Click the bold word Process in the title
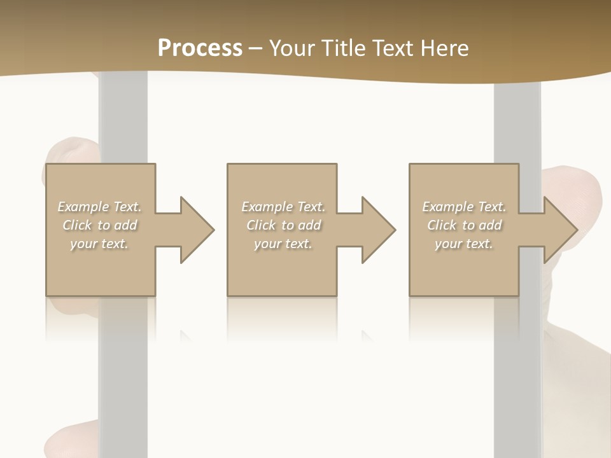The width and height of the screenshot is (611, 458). [x=200, y=48]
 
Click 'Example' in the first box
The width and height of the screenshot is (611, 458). [x=83, y=207]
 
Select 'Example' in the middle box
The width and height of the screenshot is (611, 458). [x=267, y=207]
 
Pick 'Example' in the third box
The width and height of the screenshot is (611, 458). [x=448, y=207]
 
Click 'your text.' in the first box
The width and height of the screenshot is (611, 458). [x=100, y=244]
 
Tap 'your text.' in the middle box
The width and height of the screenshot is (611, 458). [x=283, y=244]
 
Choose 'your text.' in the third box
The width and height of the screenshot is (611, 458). [x=464, y=244]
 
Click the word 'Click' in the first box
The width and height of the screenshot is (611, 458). [x=77, y=225]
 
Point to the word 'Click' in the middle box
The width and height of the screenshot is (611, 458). [x=261, y=225]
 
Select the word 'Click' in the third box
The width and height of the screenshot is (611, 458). [x=442, y=225]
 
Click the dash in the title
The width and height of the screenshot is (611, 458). [x=256, y=48]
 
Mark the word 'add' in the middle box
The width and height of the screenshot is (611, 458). [x=309, y=225]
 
